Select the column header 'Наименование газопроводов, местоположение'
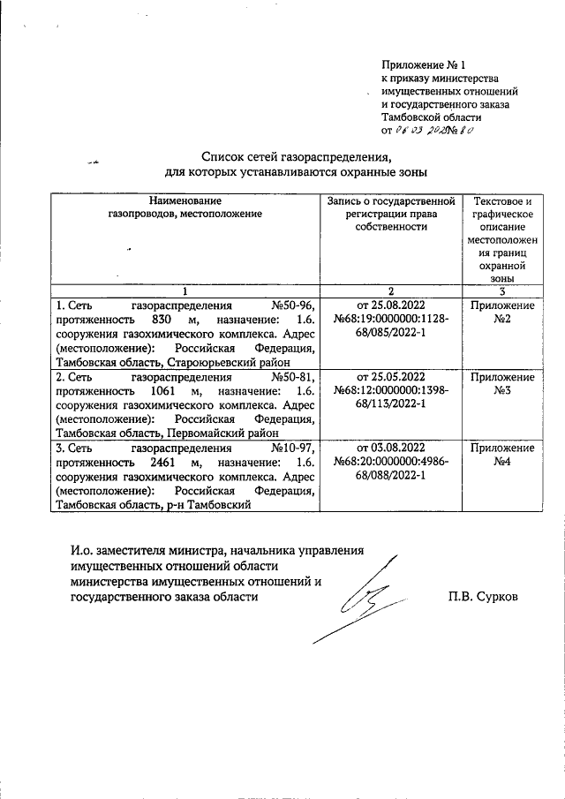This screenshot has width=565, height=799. click(x=185, y=207)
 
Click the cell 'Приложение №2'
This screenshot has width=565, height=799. click(x=501, y=312)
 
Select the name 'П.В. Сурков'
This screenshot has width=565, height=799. click(x=482, y=596)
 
